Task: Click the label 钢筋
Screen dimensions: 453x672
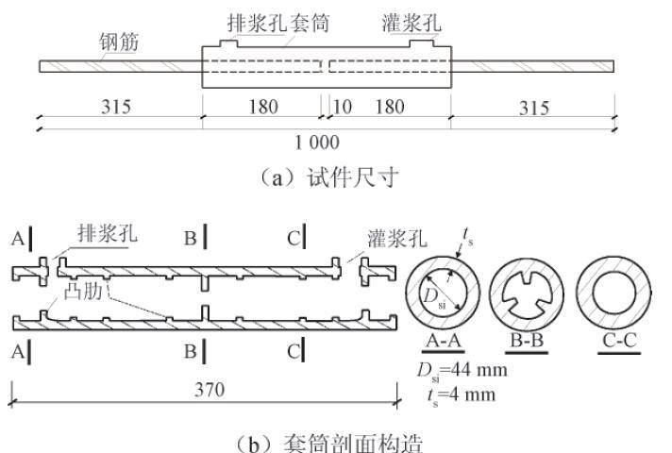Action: (120, 42)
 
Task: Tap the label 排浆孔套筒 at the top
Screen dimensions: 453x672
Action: (277, 21)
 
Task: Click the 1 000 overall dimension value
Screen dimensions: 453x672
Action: (317, 143)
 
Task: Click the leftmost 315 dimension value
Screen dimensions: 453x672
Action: (116, 107)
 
